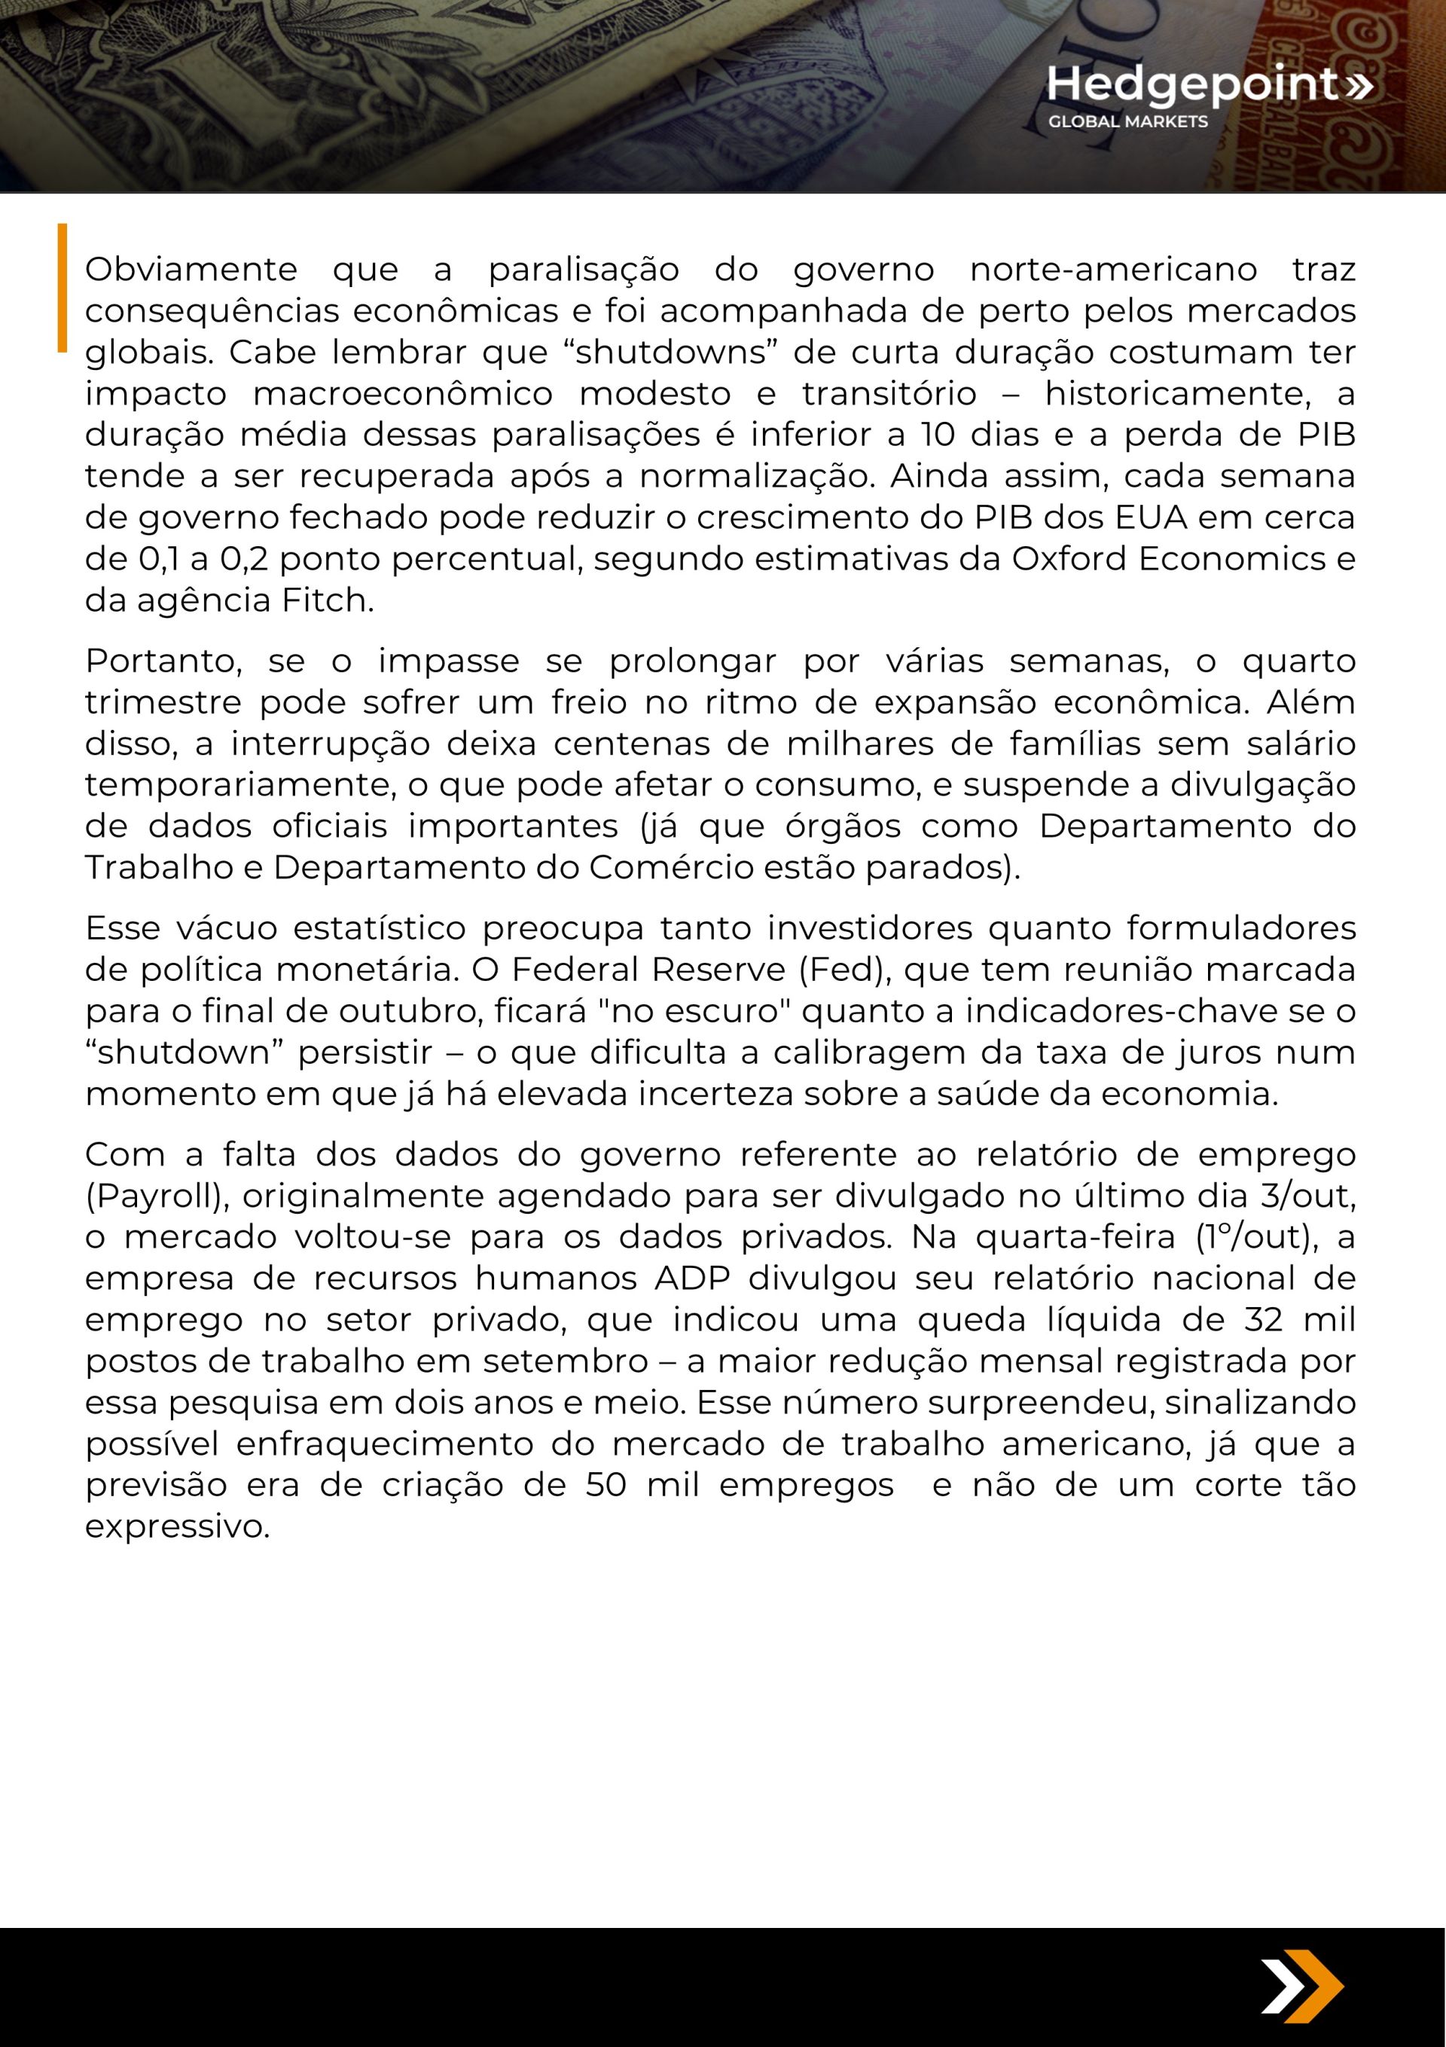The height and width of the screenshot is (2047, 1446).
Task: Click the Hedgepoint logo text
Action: (1193, 84)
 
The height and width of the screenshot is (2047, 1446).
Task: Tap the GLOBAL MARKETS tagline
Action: (1127, 122)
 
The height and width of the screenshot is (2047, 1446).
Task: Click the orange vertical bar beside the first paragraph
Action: (63, 287)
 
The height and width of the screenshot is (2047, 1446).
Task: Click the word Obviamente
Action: (191, 268)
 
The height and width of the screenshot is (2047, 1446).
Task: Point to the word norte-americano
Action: (1112, 268)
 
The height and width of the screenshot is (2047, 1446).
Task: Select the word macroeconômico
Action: (402, 393)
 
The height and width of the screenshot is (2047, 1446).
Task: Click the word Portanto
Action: (163, 661)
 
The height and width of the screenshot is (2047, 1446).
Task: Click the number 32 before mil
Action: (1263, 1319)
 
